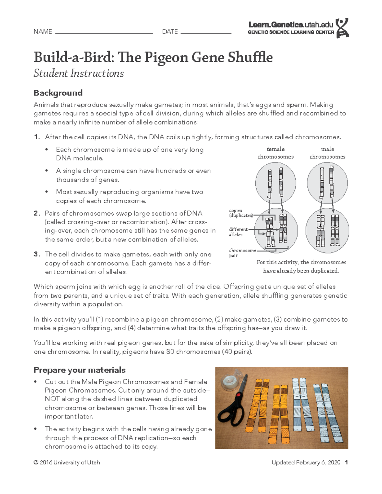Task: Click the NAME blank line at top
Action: tap(104, 32)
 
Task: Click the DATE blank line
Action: tap(206, 32)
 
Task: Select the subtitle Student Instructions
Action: tap(79, 73)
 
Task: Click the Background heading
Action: tap(58, 93)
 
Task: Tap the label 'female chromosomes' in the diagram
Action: tap(275, 153)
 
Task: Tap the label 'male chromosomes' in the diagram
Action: tap(327, 153)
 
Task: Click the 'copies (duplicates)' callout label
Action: tap(240, 213)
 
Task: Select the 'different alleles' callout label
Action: tap(238, 232)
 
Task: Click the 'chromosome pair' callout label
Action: tap(242, 253)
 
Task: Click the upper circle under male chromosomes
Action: tap(327, 183)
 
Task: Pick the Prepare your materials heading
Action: tap(80, 370)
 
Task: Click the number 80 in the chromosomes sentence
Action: tap(170, 352)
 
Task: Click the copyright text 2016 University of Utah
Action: tap(67, 463)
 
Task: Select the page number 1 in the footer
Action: tap(346, 463)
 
